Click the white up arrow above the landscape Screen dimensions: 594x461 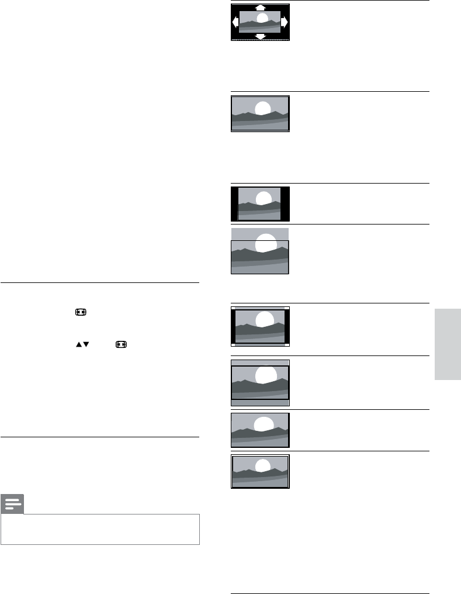260,8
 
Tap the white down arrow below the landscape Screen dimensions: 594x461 260,36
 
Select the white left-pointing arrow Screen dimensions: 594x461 235,22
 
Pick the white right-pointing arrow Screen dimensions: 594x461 285,22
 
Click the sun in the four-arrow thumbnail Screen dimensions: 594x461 263,18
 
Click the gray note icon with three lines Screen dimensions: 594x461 12,504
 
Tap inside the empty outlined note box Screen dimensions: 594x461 100,529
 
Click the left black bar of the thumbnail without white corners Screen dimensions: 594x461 235,204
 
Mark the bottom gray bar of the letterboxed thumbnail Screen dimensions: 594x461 260,403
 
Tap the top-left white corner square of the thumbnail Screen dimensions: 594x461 233,308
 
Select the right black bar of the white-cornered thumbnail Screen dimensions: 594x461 286,326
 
